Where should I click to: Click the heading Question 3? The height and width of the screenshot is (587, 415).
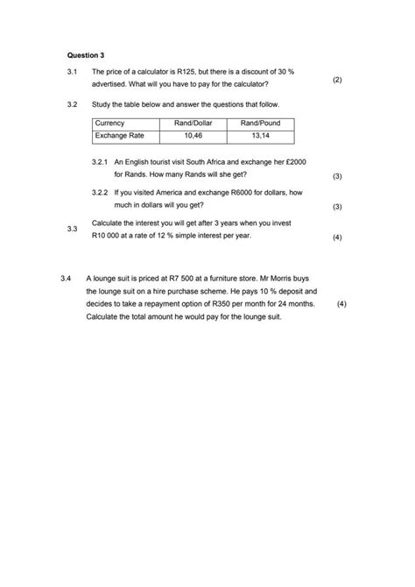click(x=85, y=54)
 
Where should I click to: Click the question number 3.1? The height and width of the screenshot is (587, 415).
click(x=73, y=71)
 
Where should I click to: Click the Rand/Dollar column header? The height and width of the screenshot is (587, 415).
click(x=193, y=124)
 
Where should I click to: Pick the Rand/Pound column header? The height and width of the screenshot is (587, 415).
click(x=260, y=124)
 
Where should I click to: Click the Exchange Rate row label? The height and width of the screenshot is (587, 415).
click(x=119, y=137)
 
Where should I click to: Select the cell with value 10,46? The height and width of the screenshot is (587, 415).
click(x=193, y=137)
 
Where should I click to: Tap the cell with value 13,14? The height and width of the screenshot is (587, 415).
click(x=260, y=137)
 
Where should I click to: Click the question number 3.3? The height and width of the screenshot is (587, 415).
click(x=73, y=230)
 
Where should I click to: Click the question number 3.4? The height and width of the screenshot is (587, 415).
click(x=67, y=279)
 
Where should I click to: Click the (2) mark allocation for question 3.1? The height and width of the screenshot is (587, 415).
click(x=337, y=80)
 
